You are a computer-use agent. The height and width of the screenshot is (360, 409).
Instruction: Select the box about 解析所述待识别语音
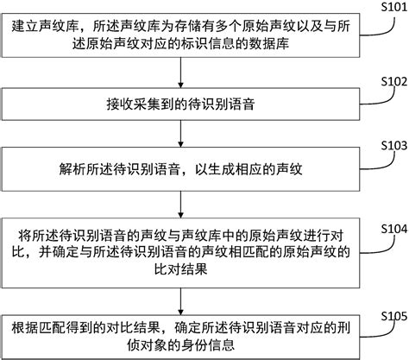click(180, 168)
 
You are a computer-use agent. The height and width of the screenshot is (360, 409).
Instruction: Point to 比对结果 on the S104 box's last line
click(180, 268)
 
